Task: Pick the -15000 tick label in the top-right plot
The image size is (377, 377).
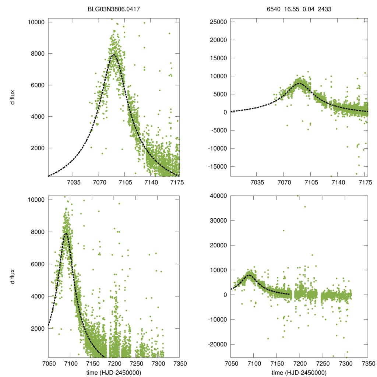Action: point(216,166)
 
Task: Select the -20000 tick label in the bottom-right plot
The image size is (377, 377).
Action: point(216,344)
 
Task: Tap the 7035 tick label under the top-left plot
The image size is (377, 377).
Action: point(73,182)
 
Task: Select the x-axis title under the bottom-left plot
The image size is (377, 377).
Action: point(114,372)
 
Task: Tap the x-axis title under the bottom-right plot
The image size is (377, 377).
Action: point(299,372)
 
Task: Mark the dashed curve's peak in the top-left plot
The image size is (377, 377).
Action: point(114,54)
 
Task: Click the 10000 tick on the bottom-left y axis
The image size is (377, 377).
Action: point(36,200)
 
